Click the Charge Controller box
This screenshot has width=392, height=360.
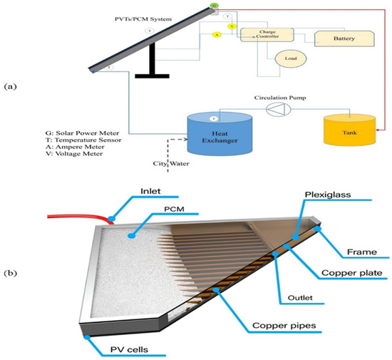[264, 36]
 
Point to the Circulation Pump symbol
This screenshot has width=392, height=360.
[274, 109]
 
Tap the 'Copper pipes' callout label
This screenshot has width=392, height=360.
[291, 326]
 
